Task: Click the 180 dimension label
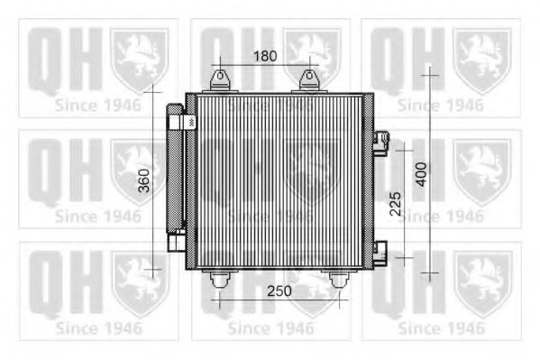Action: pyautogui.click(x=264, y=56)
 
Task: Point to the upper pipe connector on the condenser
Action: pyautogui.click(x=381, y=142)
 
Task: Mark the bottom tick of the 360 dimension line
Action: pyautogui.click(x=155, y=269)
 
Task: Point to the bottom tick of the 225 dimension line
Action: pyautogui.click(x=403, y=257)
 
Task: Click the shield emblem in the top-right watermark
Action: pyautogui.click(x=481, y=57)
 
